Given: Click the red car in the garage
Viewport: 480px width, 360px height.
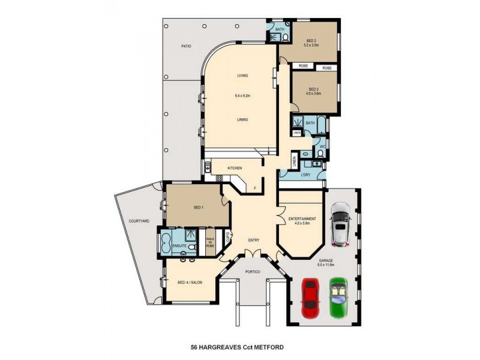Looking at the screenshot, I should pyautogui.click(x=310, y=298).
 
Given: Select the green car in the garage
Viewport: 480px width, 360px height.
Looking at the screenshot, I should pyautogui.click(x=338, y=296).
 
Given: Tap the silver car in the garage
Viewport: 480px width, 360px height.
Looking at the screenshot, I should pyautogui.click(x=340, y=224).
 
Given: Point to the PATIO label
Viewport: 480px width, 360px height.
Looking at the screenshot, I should pyautogui.click(x=187, y=46).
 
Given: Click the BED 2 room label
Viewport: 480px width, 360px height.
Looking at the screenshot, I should pyautogui.click(x=310, y=41).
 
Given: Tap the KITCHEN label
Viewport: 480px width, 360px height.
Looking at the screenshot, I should pyautogui.click(x=234, y=168).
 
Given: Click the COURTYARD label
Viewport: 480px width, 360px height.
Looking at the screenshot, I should pyautogui.click(x=139, y=221).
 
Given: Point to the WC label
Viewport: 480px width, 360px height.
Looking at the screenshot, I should pyautogui.click(x=322, y=146).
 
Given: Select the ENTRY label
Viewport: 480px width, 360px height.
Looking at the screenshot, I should pyautogui.click(x=253, y=241).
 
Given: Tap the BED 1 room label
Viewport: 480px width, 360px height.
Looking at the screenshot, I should pyautogui.click(x=199, y=208).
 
